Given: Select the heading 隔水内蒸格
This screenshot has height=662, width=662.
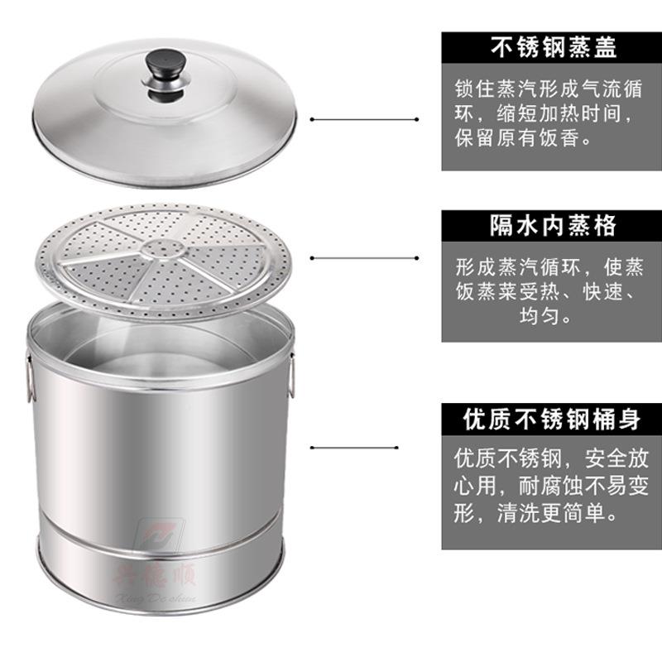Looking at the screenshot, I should click(x=553, y=226).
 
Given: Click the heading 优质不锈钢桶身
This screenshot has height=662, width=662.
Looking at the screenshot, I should click(x=553, y=419).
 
